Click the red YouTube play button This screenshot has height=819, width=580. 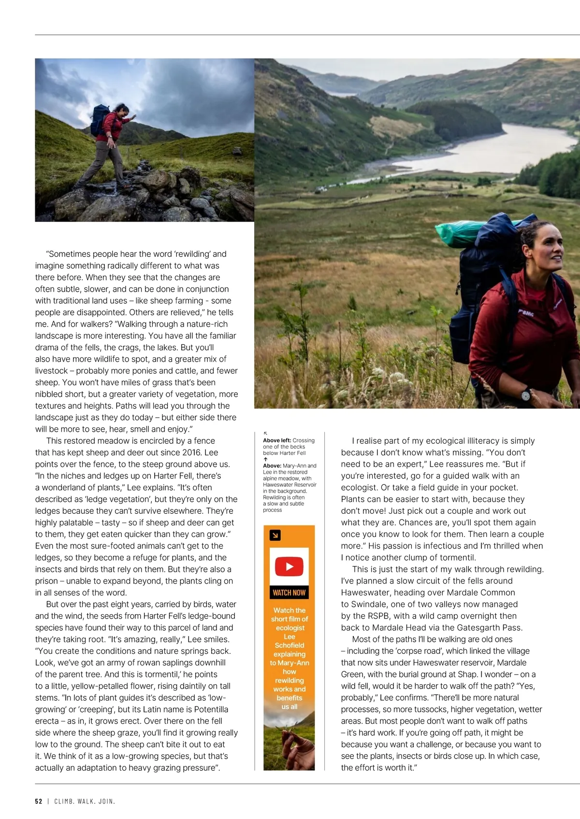tap(289, 566)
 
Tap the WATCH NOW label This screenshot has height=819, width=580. tap(289, 593)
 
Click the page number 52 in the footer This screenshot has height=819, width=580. tap(39, 801)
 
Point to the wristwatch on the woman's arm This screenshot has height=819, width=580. tap(526, 395)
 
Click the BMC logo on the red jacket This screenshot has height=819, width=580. tap(527, 313)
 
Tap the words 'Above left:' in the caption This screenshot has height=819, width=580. tap(277, 440)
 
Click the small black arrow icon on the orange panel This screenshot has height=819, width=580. tap(275, 535)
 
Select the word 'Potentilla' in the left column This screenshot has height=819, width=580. tap(208, 709)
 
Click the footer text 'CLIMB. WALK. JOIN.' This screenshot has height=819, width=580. tap(85, 801)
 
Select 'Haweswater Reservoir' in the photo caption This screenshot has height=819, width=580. tap(290, 485)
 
